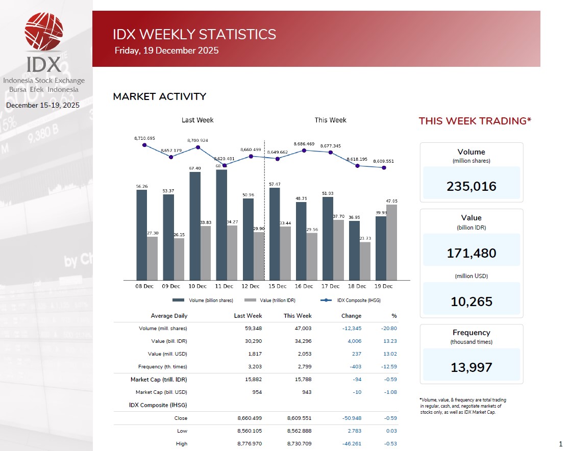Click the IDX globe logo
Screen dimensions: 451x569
[44, 32]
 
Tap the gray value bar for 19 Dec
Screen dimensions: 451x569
[391, 242]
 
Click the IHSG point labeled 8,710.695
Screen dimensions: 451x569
[144, 145]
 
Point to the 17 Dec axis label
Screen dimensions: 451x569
[330, 286]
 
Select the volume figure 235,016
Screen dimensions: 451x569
[471, 186]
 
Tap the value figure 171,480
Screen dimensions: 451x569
[471, 253]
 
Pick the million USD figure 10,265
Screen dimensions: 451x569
[471, 302]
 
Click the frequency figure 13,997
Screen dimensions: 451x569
[471, 367]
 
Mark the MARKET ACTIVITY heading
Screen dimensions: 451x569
[159, 96]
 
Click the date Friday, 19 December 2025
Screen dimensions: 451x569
[166, 51]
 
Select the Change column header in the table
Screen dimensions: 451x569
[351, 316]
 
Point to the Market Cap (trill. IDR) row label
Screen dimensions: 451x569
[158, 379]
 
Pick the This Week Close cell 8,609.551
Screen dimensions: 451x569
[300, 418]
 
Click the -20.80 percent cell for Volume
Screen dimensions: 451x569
[389, 328]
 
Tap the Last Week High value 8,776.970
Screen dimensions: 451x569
[250, 443]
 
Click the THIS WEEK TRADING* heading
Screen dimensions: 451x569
[475, 121]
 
